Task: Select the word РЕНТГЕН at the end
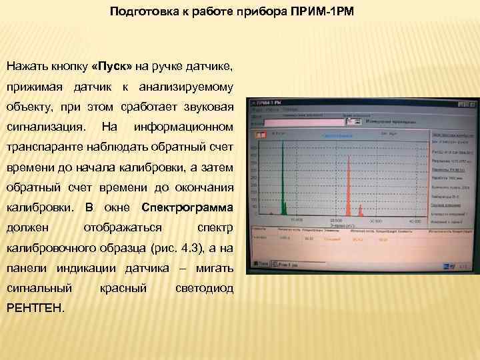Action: coord(35,307)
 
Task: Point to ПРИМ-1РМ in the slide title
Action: coord(322,11)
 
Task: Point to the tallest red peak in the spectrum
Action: coord(347,187)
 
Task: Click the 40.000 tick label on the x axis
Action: coord(415,221)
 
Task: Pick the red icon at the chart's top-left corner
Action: coord(255,134)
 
